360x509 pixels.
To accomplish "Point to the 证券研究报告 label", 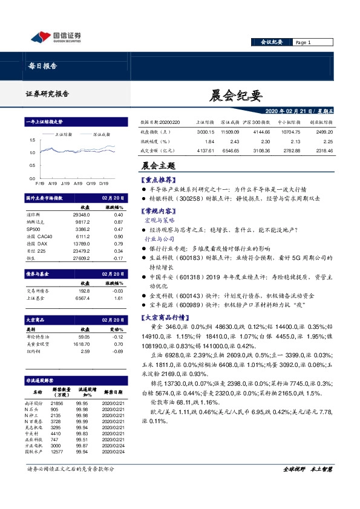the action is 47,94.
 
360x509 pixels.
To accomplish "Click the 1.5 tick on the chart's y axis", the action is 32,140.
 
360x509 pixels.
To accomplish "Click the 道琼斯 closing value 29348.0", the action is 80,214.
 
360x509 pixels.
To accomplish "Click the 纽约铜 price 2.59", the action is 85,351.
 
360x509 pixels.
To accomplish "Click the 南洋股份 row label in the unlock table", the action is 34,401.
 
